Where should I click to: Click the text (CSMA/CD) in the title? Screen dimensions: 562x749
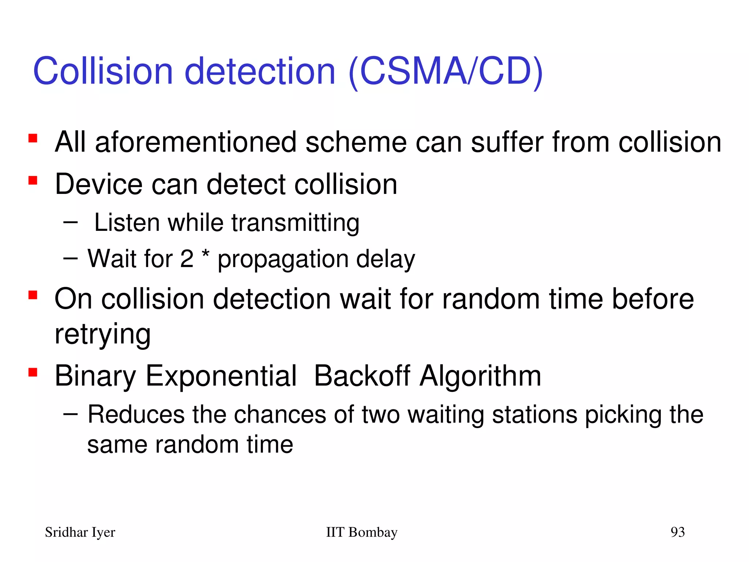(445, 71)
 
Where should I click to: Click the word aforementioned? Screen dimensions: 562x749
(196, 142)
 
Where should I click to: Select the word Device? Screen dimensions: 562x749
(98, 184)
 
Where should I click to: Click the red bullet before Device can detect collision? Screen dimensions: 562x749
(33, 181)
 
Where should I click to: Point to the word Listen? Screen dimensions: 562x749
(127, 222)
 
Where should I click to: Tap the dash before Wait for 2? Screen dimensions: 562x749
(70, 258)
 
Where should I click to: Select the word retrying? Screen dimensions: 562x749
(102, 334)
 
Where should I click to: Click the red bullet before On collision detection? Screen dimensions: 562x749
(33, 295)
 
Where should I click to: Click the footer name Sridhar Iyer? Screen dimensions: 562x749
(80, 532)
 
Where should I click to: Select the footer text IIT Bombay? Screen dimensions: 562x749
(361, 532)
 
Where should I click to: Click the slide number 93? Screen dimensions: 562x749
(677, 532)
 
